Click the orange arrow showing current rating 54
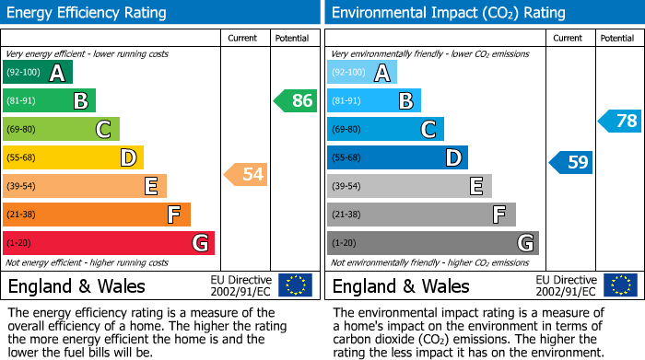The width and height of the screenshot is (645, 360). click(245, 174)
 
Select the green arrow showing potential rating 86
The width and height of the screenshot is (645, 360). click(295, 101)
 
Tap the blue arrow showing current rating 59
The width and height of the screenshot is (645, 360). click(570, 163)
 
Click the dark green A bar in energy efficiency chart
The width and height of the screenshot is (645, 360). click(38, 73)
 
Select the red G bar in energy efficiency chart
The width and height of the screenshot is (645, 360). click(109, 243)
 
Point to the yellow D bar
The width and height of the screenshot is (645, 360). click(73, 158)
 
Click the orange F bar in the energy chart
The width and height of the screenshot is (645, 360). click(97, 215)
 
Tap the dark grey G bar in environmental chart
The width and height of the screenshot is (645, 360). click(432, 243)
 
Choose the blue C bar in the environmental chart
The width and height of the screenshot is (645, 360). click(385, 130)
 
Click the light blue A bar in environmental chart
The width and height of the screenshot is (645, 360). click(362, 73)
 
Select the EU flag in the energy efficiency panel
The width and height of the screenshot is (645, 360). click(295, 285)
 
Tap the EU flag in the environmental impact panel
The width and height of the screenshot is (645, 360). click(621, 285)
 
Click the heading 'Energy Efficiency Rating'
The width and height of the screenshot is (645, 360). click(88, 13)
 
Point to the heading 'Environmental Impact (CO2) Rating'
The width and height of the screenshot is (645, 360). click(448, 13)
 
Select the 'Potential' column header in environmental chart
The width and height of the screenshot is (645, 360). click(617, 38)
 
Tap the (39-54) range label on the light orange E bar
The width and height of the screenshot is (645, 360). click(22, 187)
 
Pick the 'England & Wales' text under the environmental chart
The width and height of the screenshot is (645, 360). click(400, 285)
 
